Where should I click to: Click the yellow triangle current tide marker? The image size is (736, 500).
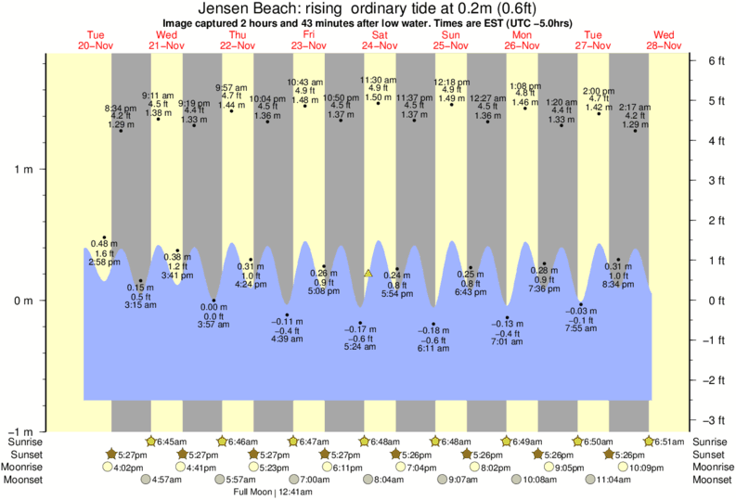pos(368,274)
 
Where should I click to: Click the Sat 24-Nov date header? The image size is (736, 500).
pos(380,40)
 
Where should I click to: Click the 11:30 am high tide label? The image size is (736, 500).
pos(378,81)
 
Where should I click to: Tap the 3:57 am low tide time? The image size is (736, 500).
pos(213,324)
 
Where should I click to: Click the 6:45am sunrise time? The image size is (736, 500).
pos(169,442)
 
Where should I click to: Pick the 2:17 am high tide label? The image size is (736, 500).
pos(635,108)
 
